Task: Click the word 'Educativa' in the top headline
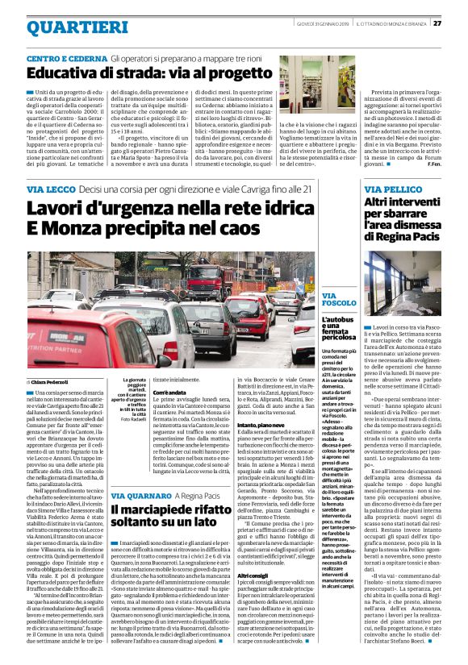click(69, 75)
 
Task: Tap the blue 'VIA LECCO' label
click(49, 189)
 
